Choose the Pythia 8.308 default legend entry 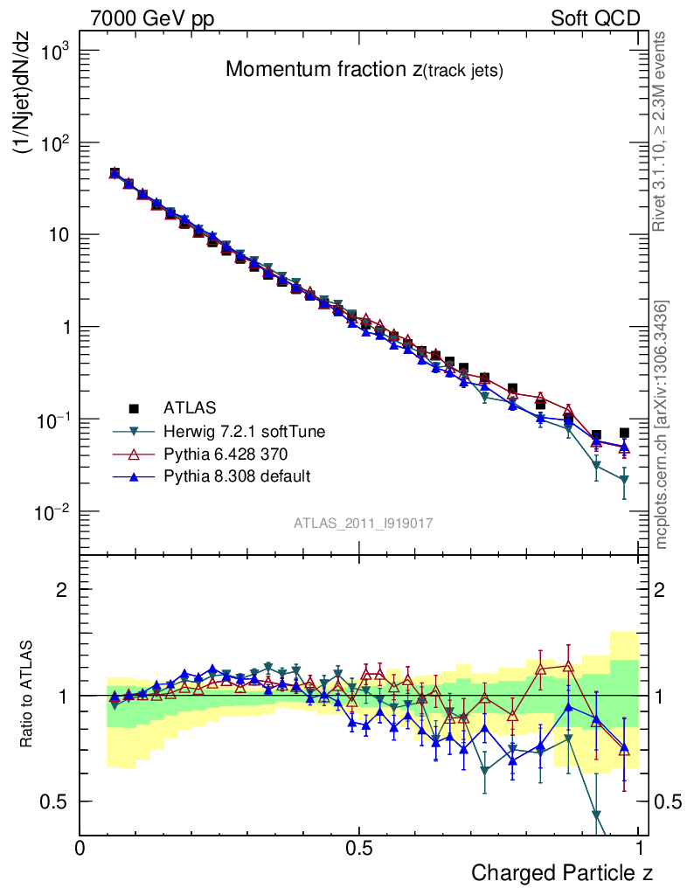click(x=236, y=476)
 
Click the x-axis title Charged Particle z click(x=562, y=873)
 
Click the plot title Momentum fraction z click(x=364, y=71)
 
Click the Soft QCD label click(x=595, y=18)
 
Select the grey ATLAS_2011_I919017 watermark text click(x=364, y=523)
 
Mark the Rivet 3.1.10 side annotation click(x=661, y=131)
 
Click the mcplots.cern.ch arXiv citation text click(x=661, y=424)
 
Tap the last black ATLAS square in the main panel click(x=623, y=433)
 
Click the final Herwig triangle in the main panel click(x=623, y=480)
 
